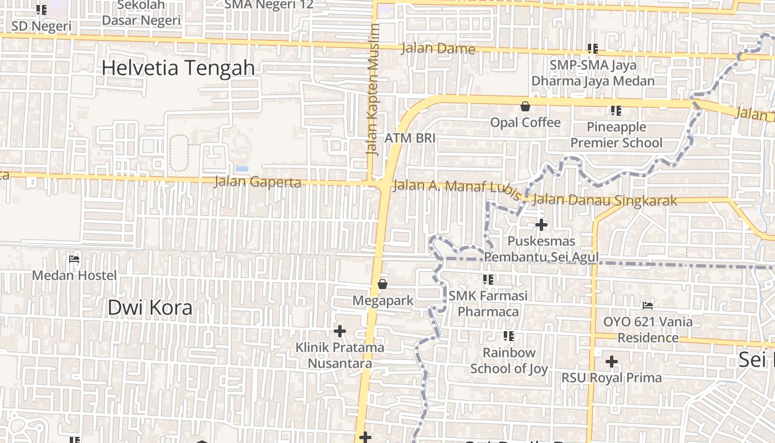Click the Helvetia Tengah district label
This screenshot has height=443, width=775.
(178, 68)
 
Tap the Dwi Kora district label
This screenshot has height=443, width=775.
(150, 308)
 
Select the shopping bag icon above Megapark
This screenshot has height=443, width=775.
(382, 284)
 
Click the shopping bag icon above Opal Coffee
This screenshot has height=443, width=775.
(525, 106)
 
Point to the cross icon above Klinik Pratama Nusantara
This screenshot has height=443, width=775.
(340, 331)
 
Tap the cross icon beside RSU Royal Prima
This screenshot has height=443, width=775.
(611, 362)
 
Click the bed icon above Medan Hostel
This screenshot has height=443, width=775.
(74, 259)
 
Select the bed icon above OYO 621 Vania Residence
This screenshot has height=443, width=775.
(647, 306)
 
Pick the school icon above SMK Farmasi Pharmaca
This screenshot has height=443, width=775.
(488, 280)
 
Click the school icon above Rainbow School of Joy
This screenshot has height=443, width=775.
(509, 336)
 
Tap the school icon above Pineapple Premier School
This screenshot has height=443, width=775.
(616, 111)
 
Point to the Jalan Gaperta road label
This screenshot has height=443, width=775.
(257, 182)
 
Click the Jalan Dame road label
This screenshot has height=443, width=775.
(438, 49)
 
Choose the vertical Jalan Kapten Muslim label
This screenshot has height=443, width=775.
(373, 89)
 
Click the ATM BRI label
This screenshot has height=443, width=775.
(410, 138)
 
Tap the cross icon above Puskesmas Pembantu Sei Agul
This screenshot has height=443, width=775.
(541, 225)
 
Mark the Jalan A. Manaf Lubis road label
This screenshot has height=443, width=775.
(457, 187)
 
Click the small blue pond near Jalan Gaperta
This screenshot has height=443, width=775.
(242, 168)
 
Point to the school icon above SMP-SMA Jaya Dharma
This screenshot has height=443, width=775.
(593, 49)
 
